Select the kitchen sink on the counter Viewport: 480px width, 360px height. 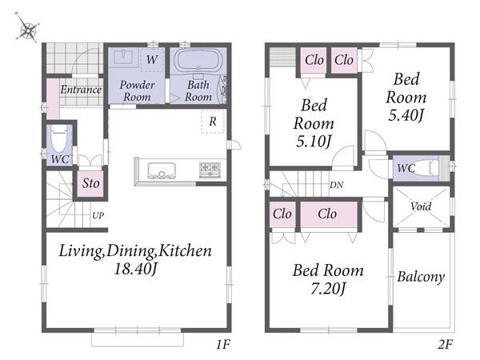162,170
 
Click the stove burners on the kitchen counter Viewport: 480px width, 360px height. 210,170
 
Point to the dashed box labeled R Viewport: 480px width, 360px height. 213,122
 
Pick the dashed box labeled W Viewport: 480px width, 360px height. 152,60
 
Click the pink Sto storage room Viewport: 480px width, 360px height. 90,183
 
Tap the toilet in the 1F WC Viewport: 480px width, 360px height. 59,138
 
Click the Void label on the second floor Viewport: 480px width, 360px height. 421,206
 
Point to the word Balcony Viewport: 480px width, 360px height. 421,277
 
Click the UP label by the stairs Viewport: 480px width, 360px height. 98,216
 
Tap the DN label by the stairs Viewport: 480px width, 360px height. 337,185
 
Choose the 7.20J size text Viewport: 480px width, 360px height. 328,289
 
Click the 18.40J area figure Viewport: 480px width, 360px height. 135,269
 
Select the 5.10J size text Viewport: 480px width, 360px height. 314,142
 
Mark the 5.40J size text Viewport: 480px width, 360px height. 406,115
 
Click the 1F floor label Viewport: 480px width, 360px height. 223,345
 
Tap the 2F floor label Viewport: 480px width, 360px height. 445,345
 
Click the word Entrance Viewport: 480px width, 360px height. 81,90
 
